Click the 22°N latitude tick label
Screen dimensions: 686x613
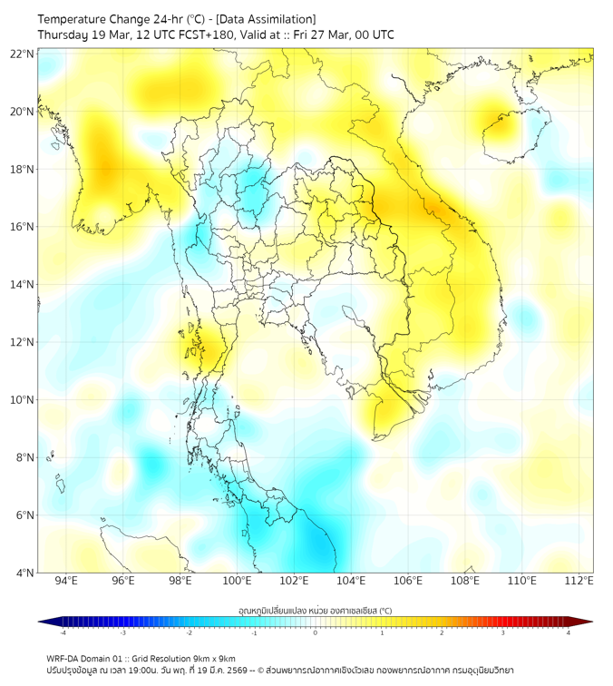[x=23, y=54]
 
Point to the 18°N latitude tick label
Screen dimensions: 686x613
[x=23, y=170]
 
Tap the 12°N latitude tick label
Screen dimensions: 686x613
[x=23, y=342]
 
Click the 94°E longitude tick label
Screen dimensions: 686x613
[x=66, y=582]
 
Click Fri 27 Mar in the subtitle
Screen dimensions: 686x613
[x=324, y=34]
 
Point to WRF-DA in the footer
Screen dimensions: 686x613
[x=64, y=659]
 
